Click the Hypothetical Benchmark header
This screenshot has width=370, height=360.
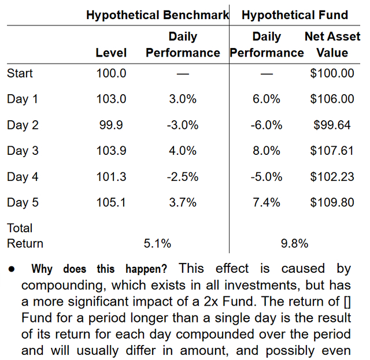tap(158, 16)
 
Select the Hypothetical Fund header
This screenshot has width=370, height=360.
tap(295, 15)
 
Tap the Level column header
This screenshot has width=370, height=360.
tap(111, 53)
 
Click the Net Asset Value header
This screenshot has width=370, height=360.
tap(332, 44)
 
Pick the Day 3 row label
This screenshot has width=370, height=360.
tap(23, 151)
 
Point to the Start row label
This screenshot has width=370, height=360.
tap(20, 73)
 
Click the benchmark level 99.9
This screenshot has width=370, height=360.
tap(111, 125)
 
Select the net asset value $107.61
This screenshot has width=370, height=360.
tap(332, 150)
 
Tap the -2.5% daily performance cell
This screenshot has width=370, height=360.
tap(183, 177)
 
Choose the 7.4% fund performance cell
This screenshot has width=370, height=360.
tap(267, 202)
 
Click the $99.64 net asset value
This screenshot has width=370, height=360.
tap(332, 125)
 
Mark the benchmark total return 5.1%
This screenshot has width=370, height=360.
tap(157, 243)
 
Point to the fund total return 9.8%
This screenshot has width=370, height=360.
tap(294, 243)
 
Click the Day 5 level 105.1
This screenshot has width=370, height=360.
tap(111, 202)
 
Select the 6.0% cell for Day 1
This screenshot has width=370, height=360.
tap(267, 99)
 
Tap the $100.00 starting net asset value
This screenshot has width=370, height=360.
tap(332, 73)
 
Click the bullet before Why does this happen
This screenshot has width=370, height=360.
tap(12, 269)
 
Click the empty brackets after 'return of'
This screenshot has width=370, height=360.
tap(347, 302)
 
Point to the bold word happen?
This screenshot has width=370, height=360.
tap(146, 269)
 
